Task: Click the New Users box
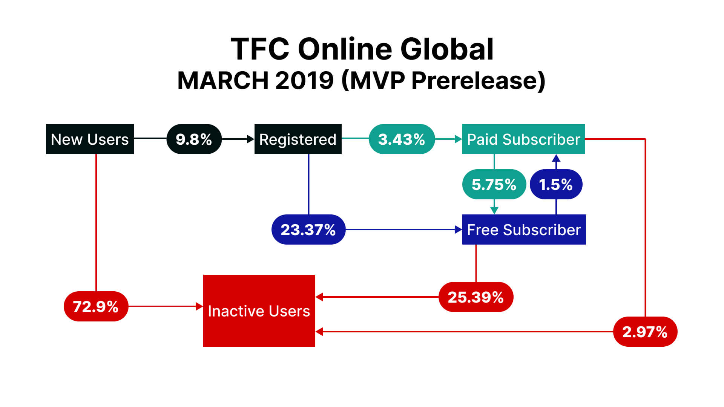90,139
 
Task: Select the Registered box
298,139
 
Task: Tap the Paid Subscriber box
524,139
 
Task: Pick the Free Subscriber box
524,230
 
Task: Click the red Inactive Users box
259,311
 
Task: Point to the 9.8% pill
194,139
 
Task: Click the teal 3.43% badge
402,139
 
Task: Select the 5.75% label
494,184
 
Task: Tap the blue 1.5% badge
556,184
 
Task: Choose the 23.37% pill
308,230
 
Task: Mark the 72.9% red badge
96,306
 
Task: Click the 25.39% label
476,297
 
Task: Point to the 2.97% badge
645,332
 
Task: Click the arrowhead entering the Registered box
251,139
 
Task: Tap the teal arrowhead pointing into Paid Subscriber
459,139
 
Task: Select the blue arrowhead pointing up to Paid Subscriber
556,158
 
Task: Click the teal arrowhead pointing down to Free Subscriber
494,211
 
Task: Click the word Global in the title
447,49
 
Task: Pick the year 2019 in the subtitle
305,80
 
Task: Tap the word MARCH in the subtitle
223,80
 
